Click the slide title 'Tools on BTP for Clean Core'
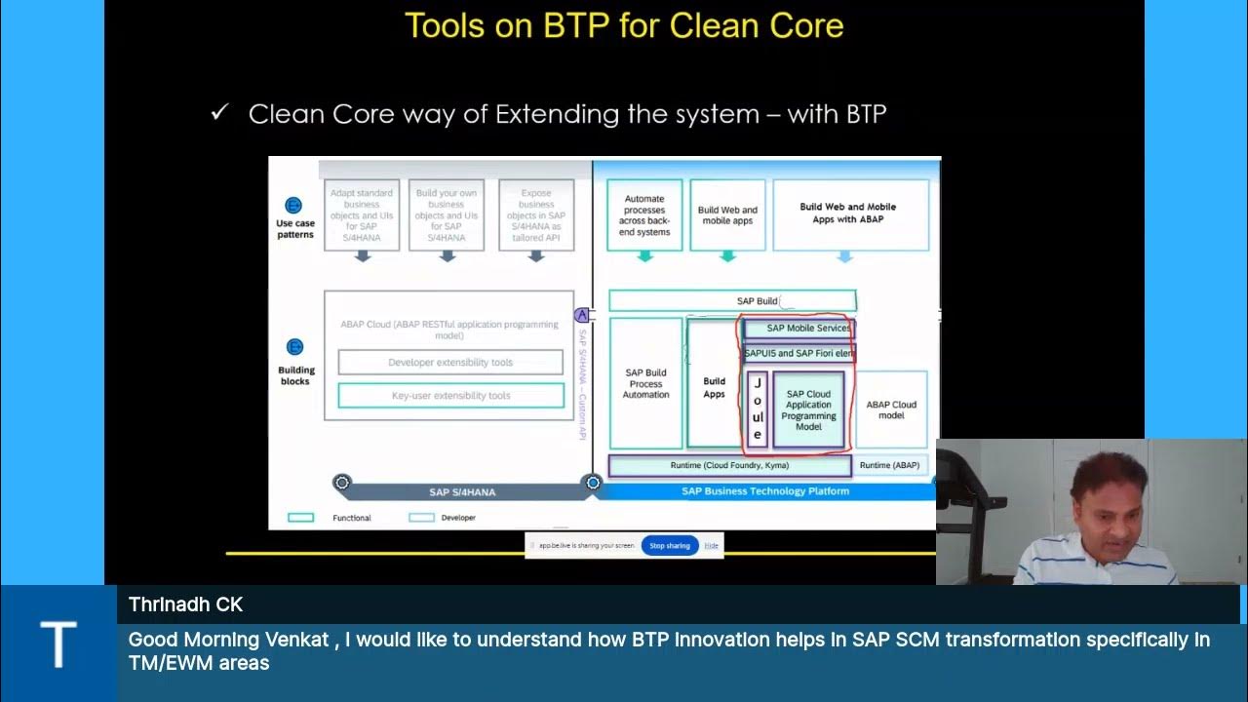pos(624,25)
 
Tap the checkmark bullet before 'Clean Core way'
pos(219,113)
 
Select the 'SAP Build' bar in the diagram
pos(732,301)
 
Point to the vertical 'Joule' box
pos(758,409)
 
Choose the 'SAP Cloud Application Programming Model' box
pos(808,410)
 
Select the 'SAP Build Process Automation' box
pos(645,384)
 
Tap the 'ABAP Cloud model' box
pos(891,409)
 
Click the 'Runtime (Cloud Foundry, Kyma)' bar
pos(729,466)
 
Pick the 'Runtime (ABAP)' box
pos(889,466)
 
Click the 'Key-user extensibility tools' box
pos(450,396)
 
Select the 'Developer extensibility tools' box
pos(450,363)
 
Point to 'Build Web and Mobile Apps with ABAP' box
pos(847,214)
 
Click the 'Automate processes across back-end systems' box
pos(644,214)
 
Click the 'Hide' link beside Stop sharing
pos(712,546)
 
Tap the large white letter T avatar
pos(58,643)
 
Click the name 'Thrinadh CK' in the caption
pos(185,604)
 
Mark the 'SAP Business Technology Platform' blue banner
pos(764,491)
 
